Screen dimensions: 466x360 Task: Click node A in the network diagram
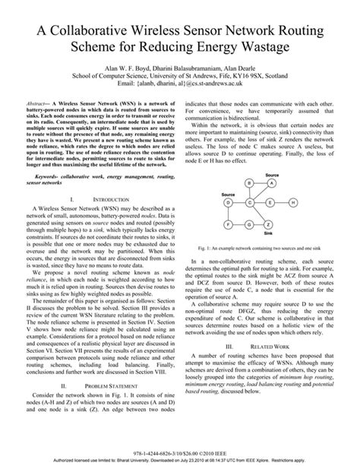[272, 183]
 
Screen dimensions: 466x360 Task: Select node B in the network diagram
[249, 183]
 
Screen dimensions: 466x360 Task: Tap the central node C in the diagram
[249, 203]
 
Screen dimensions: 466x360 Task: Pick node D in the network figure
[229, 203]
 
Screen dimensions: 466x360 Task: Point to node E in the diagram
[270, 203]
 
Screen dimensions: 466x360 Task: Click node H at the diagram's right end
[293, 203]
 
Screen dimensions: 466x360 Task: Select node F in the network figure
[229, 225]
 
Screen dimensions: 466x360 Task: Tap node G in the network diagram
[249, 225]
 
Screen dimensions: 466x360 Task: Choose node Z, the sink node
[269, 225]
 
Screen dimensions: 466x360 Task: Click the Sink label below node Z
[268, 233]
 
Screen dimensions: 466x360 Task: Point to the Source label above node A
[272, 175]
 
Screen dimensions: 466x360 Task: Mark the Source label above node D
[229, 195]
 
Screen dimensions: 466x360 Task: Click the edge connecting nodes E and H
[282, 203]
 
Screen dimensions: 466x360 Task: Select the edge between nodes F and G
[239, 225]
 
